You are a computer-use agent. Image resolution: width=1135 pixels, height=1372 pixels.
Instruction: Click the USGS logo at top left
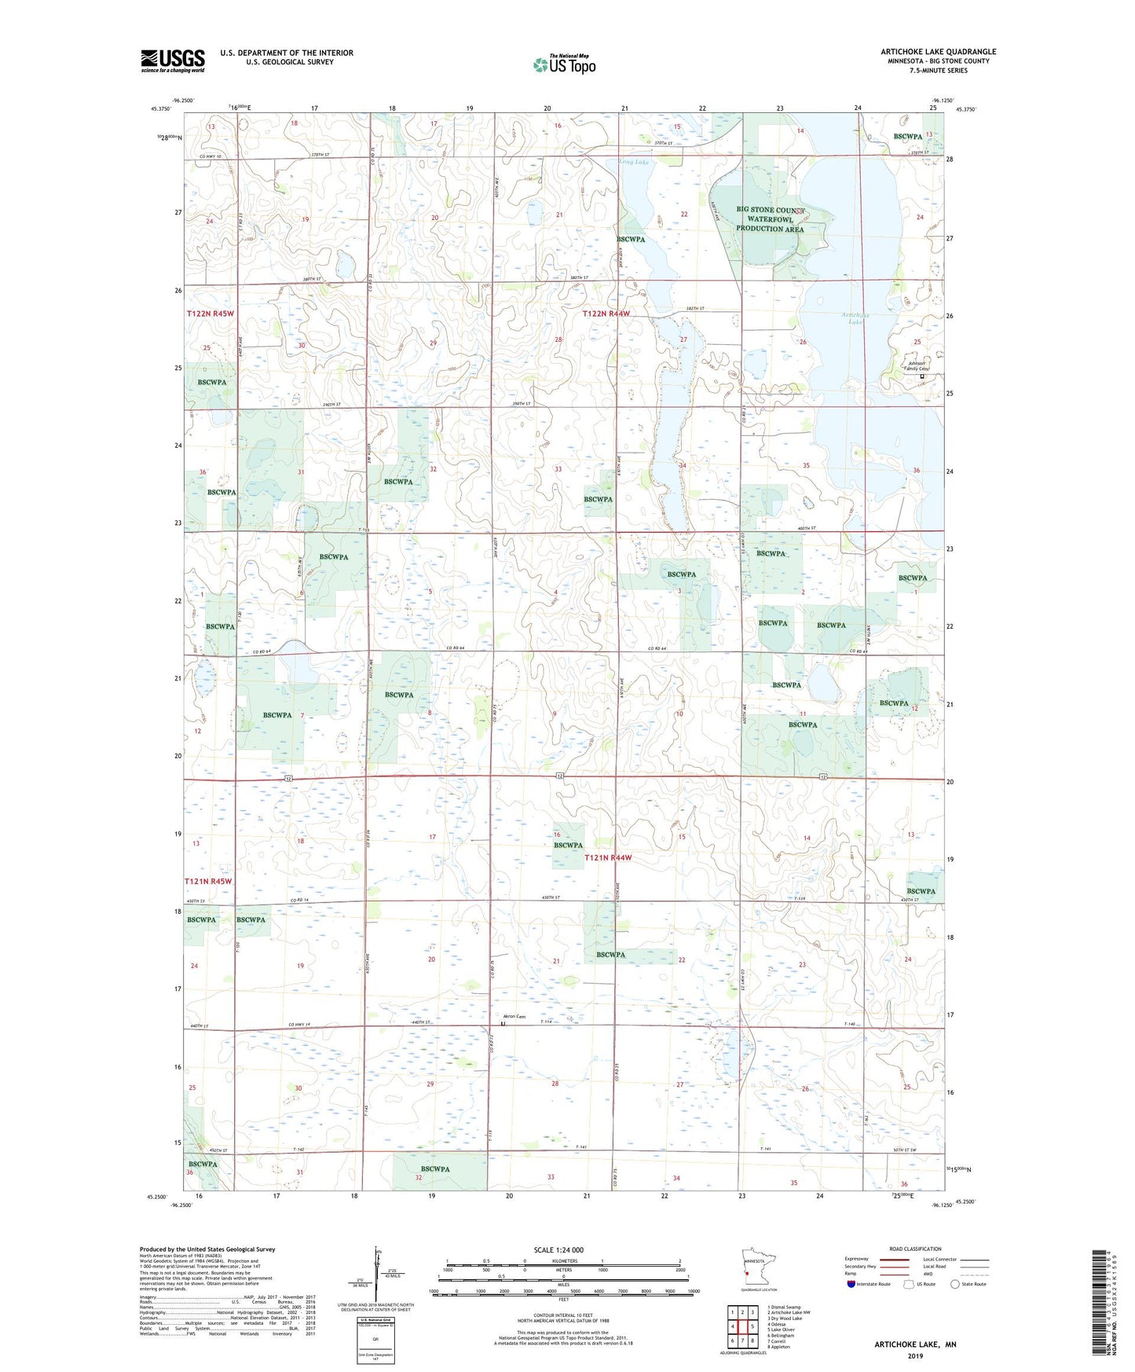173,61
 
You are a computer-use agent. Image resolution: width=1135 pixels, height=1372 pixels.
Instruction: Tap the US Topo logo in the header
564,64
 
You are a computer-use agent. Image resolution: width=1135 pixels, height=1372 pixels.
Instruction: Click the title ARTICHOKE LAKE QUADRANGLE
938,52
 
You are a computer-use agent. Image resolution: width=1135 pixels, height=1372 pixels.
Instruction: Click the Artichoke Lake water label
852,318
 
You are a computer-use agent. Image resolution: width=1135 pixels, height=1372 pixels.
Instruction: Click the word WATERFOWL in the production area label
769,219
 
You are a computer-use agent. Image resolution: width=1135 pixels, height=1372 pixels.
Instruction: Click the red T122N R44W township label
606,314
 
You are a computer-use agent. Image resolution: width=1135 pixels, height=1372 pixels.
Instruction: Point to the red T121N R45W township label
208,881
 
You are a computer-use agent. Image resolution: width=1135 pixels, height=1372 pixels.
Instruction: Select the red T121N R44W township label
607,858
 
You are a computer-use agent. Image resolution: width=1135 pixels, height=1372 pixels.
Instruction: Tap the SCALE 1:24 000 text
558,1250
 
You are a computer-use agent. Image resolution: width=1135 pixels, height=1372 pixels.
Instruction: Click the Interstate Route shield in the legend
851,1285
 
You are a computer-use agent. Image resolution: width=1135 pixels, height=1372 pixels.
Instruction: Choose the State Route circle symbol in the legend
955,1285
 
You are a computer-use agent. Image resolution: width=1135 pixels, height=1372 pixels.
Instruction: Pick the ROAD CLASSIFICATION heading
915,1249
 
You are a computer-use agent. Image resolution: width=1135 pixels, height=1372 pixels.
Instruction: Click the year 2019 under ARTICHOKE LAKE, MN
915,1355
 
